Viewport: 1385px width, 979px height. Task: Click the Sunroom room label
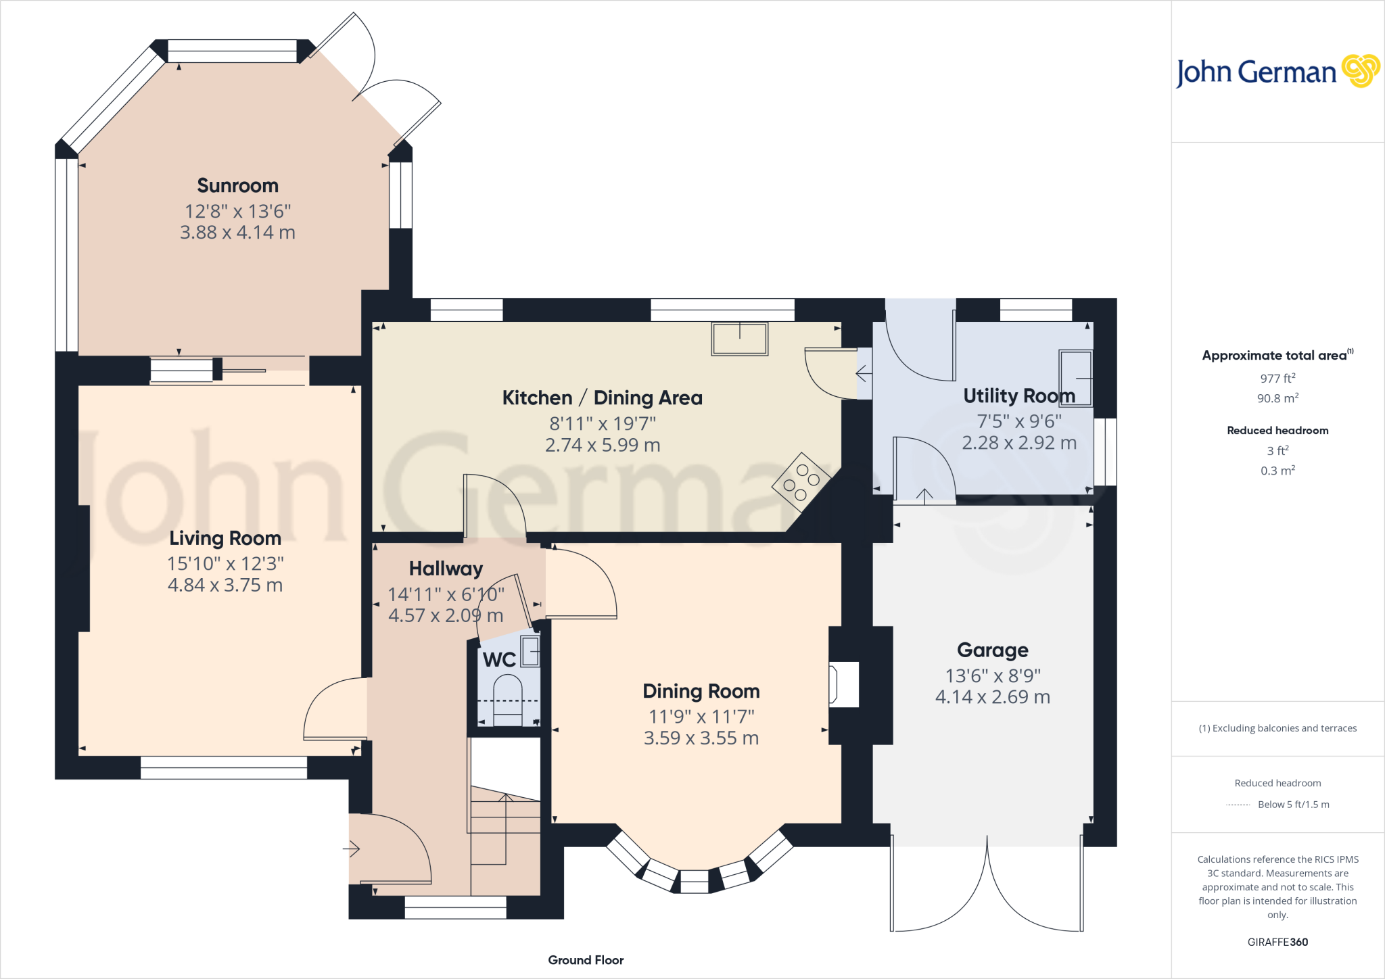pos(237,185)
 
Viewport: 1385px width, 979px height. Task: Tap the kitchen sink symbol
pos(739,339)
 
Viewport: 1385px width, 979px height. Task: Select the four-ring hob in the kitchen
pos(801,481)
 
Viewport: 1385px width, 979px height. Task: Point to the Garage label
pos(992,650)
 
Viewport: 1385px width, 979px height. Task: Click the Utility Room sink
pos(1075,378)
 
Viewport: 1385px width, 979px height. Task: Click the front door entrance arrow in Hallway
pos(352,849)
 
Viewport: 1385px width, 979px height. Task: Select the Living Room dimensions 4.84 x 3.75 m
pos(225,585)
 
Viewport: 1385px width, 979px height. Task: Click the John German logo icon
pos(1360,71)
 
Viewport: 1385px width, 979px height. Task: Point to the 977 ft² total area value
pos(1277,379)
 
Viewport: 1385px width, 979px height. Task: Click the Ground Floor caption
pos(586,960)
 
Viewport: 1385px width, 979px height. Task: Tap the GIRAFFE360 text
pos(1277,942)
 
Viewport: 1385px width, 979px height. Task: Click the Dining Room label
pos(701,691)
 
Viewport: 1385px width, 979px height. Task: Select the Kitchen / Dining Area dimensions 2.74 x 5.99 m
pos(603,445)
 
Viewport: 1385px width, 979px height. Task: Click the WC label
pos(499,659)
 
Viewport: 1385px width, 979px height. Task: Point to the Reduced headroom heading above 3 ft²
pos(1277,430)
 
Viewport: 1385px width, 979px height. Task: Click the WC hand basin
pos(530,652)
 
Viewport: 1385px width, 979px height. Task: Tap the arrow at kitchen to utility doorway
pos(863,373)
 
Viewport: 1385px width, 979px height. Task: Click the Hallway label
pos(446,569)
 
